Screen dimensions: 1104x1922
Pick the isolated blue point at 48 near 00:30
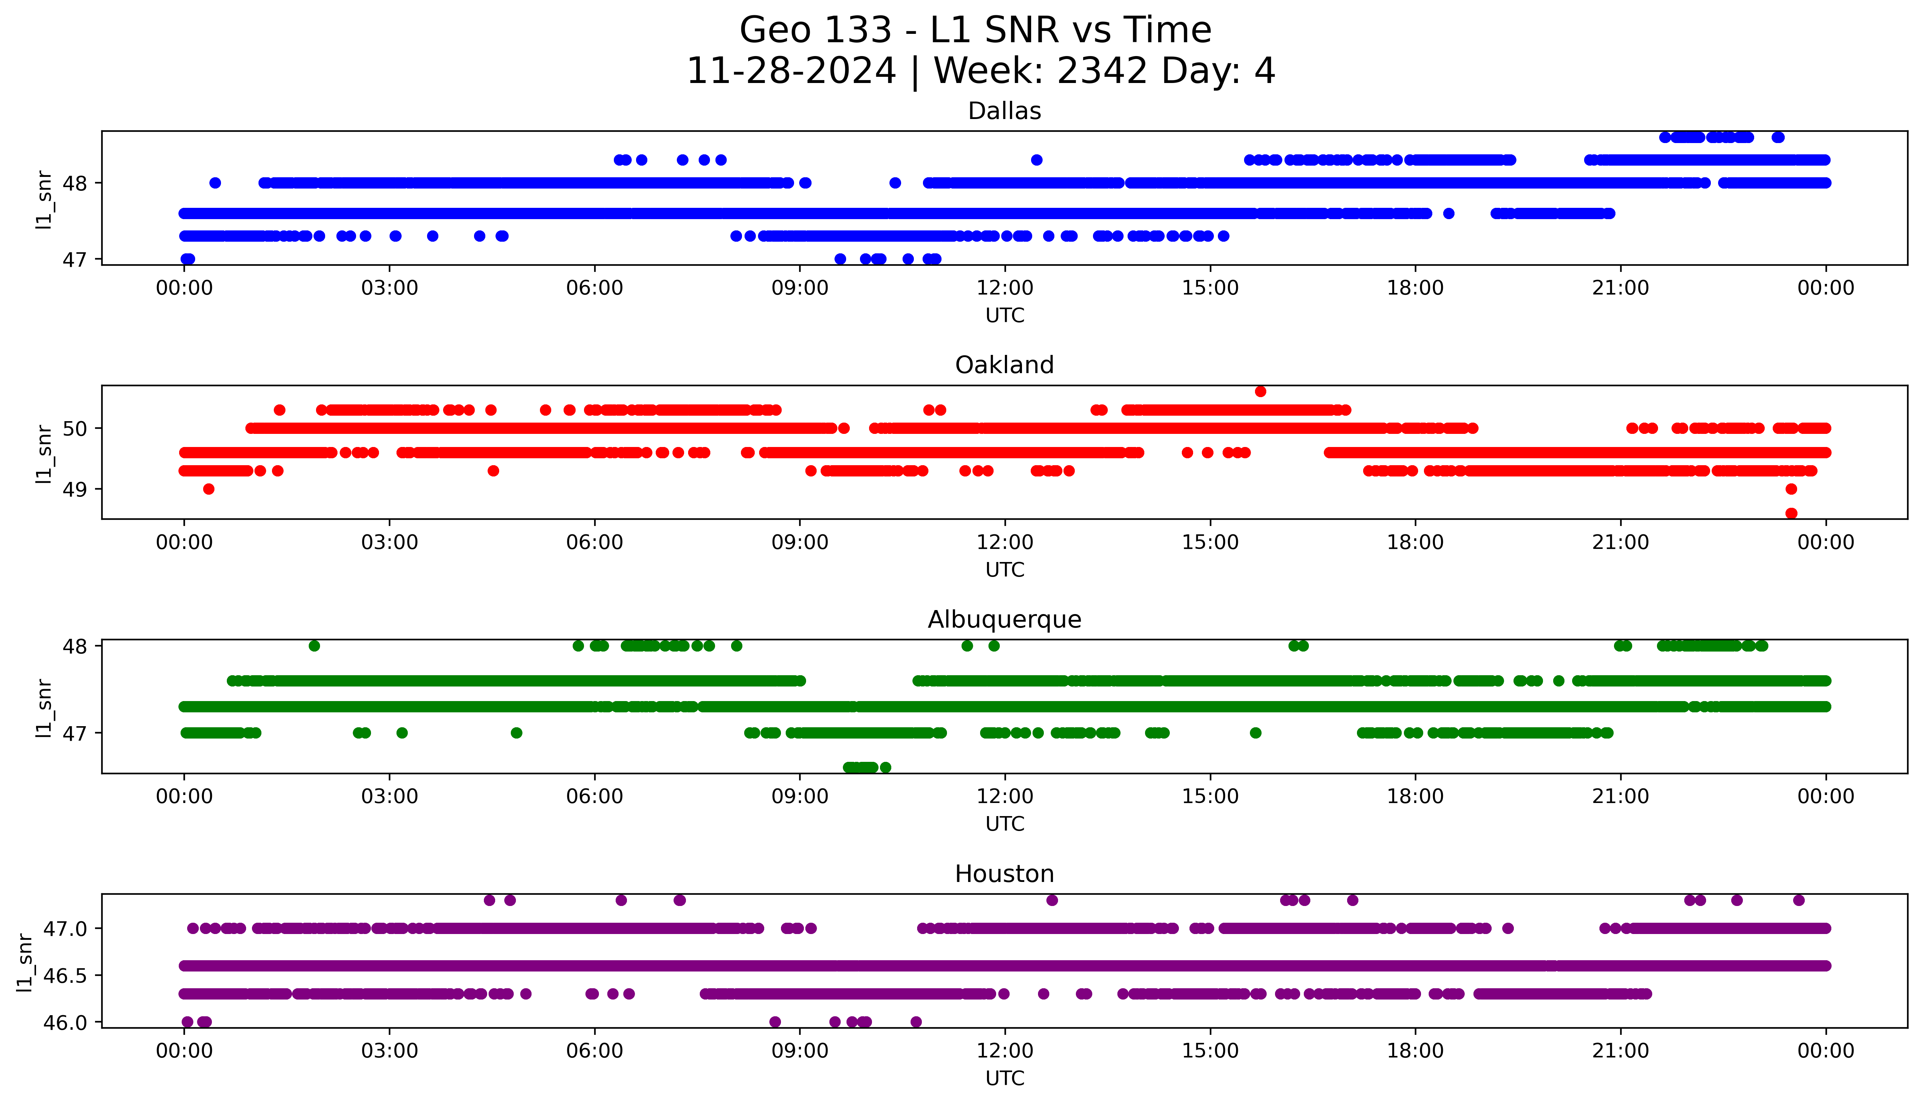pos(215,183)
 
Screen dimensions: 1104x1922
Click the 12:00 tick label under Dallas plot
pos(1005,288)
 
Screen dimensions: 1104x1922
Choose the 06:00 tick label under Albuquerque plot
pos(595,797)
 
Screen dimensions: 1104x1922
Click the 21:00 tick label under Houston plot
pos(1620,1051)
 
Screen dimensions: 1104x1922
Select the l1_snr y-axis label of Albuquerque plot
pos(44,708)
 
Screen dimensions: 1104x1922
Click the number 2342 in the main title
pos(1102,71)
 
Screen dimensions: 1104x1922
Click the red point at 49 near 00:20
pos(209,489)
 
